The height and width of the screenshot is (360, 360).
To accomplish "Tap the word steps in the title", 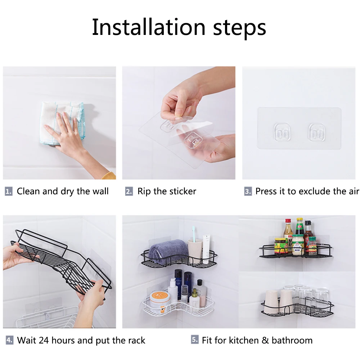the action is point(240,29).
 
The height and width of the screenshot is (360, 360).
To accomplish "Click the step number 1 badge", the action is point(9,191).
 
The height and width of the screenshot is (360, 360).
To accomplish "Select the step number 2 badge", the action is point(129,191).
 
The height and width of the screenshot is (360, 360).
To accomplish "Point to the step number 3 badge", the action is point(248,191).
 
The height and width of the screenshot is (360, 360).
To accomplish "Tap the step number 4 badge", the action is point(9,340).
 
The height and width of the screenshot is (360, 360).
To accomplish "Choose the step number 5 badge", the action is point(195,339).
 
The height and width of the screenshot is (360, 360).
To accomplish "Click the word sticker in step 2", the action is point(183,191).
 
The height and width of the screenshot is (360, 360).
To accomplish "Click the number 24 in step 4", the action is point(44,340).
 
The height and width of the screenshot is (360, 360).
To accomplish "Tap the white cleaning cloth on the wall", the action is point(62,123).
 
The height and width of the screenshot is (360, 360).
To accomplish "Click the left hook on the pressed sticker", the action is point(282,132).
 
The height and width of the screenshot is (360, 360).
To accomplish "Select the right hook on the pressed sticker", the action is point(317,132).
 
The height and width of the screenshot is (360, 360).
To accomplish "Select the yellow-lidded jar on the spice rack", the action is point(280,246).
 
